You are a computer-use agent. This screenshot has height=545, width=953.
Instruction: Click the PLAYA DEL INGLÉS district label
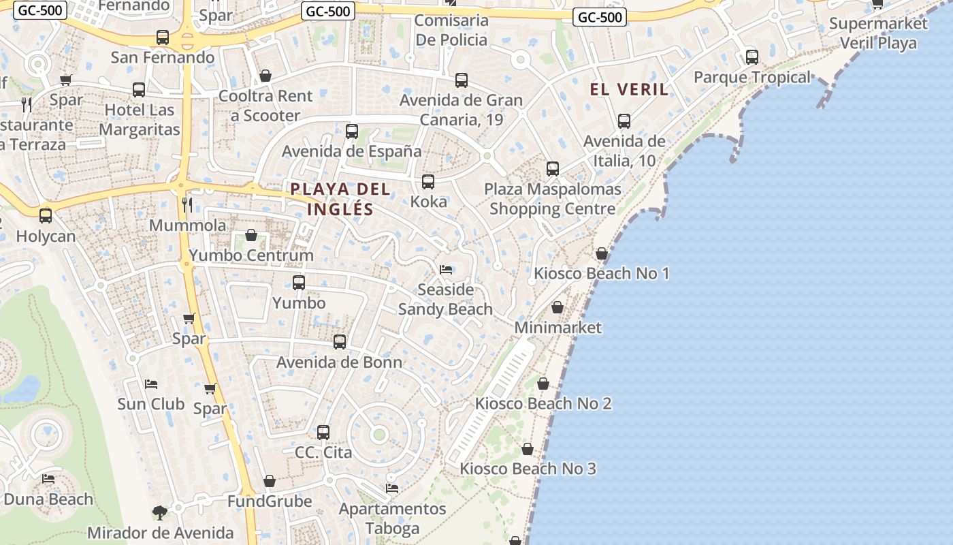tap(340, 199)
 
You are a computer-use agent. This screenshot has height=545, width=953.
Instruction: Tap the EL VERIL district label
tap(629, 89)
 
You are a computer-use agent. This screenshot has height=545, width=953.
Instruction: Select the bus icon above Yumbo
tap(298, 282)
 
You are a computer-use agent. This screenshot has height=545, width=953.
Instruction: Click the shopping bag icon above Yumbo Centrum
tap(251, 236)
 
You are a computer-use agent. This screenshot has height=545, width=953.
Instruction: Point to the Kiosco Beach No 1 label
tap(602, 273)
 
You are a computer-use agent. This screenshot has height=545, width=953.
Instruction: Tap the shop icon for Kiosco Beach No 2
tap(543, 384)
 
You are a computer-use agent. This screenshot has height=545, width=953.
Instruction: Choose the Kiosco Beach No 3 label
tap(528, 469)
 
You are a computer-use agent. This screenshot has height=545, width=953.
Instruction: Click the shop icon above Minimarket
tap(558, 308)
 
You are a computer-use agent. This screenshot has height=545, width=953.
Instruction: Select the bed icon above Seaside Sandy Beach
tap(446, 270)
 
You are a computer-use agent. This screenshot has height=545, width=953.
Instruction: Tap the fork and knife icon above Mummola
tap(187, 204)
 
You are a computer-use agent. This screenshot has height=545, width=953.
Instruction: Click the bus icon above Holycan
tap(46, 216)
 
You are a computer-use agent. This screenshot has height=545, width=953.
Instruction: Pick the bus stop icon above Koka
tap(427, 182)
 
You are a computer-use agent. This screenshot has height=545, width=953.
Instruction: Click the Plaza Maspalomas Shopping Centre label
tap(552, 199)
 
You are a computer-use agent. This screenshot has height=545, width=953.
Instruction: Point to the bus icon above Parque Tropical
tap(752, 57)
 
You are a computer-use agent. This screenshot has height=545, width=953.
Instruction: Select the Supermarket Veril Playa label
tap(878, 33)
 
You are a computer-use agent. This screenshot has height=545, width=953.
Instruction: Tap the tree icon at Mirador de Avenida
tap(160, 512)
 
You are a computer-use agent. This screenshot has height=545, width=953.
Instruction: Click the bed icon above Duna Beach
tap(48, 479)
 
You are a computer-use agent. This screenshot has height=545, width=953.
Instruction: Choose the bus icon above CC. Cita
tap(323, 432)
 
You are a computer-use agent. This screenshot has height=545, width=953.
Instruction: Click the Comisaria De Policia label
tap(451, 30)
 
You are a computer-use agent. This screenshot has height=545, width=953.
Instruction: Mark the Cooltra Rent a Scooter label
tap(265, 106)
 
